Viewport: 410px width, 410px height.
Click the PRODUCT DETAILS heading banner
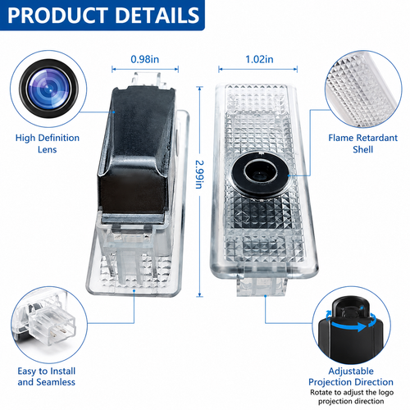[x=102, y=16]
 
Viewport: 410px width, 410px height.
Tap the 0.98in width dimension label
[x=145, y=59]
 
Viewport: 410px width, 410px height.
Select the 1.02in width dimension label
[x=259, y=59]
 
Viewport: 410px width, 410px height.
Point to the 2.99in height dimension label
[x=200, y=174]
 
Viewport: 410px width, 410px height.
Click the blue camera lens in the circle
[x=48, y=89]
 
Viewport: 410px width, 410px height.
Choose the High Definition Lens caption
[x=48, y=143]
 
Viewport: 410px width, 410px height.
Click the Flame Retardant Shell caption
[x=363, y=143]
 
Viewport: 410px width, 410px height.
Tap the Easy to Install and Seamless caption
[x=47, y=376]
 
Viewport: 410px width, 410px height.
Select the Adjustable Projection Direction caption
[x=351, y=376]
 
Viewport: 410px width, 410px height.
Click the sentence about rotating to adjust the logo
[x=352, y=397]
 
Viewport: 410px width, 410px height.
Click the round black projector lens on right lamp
[x=260, y=174]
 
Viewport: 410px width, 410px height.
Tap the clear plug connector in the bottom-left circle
[x=52, y=326]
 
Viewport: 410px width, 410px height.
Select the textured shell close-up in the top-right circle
[x=363, y=89]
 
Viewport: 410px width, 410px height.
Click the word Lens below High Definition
[x=48, y=149]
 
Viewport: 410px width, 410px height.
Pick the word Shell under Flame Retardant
[x=363, y=149]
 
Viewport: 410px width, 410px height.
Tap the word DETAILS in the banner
[x=157, y=16]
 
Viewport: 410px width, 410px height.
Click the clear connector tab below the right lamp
[x=262, y=285]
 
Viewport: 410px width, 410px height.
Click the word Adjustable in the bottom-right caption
[x=351, y=371]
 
